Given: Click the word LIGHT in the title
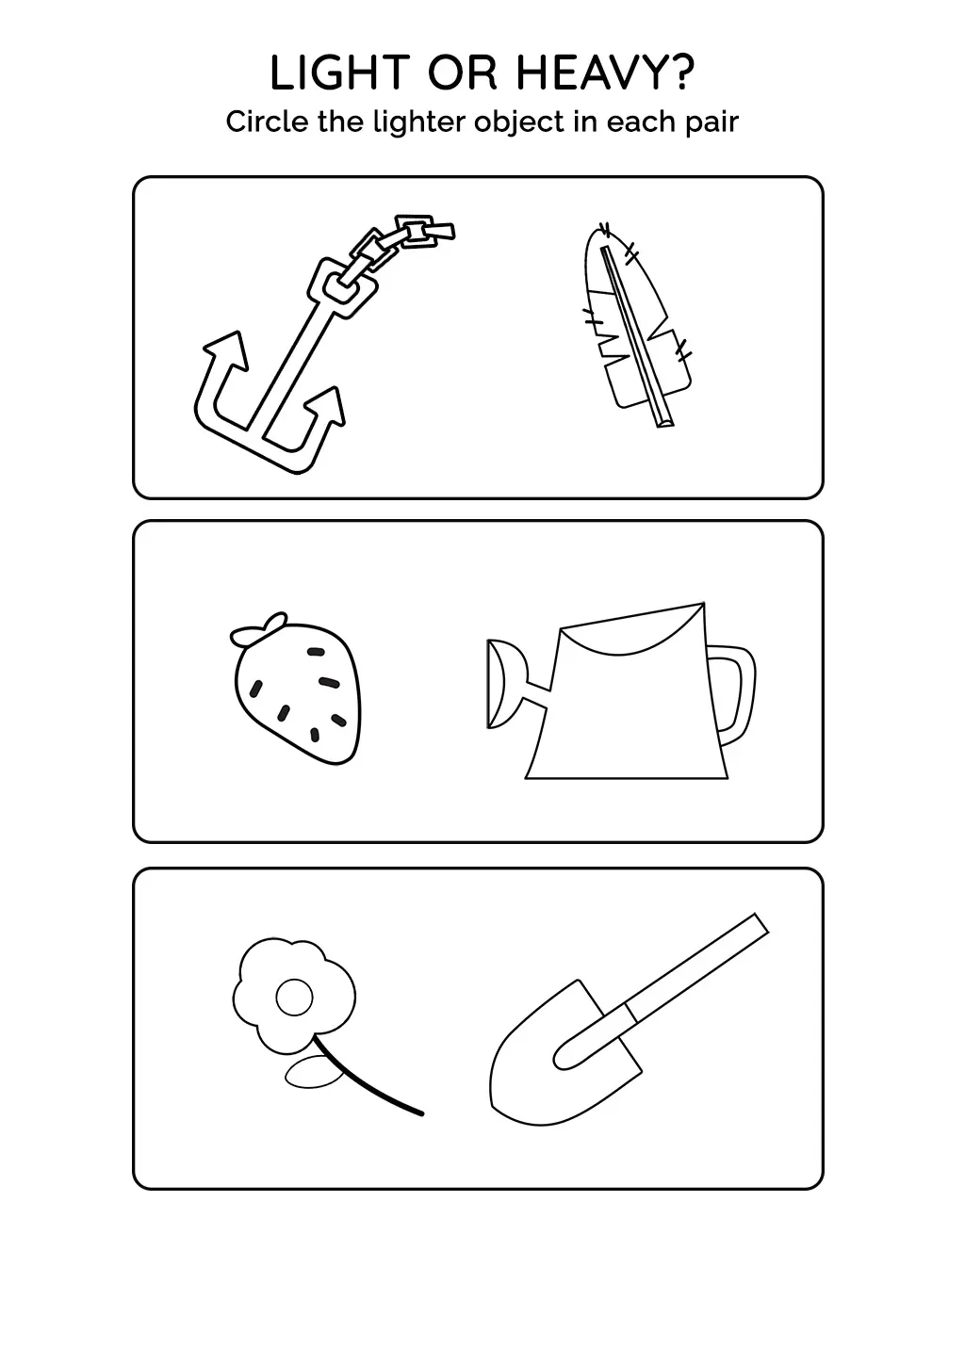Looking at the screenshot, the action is click(x=338, y=73).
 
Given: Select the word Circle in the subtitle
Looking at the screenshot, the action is click(x=267, y=122).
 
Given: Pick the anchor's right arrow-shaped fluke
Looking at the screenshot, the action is click(x=325, y=405).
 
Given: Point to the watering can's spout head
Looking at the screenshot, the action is click(x=502, y=683).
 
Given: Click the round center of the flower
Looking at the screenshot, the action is click(x=294, y=998).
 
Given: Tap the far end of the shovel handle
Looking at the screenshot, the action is click(x=762, y=923).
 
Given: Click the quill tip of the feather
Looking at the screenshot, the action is click(x=665, y=421).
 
